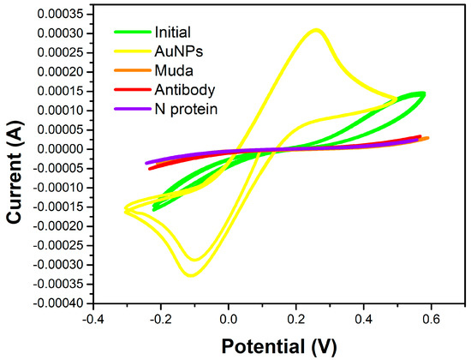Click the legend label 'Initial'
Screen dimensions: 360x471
pyautogui.click(x=173, y=33)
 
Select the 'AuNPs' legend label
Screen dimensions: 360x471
pyautogui.click(x=176, y=52)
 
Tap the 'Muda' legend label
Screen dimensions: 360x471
pyautogui.click(x=171, y=71)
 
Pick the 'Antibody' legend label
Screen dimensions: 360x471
pyautogui.click(x=181, y=90)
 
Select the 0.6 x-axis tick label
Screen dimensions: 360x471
pyautogui.click(x=432, y=320)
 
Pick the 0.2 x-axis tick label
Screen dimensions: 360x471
pyautogui.click(x=296, y=320)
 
